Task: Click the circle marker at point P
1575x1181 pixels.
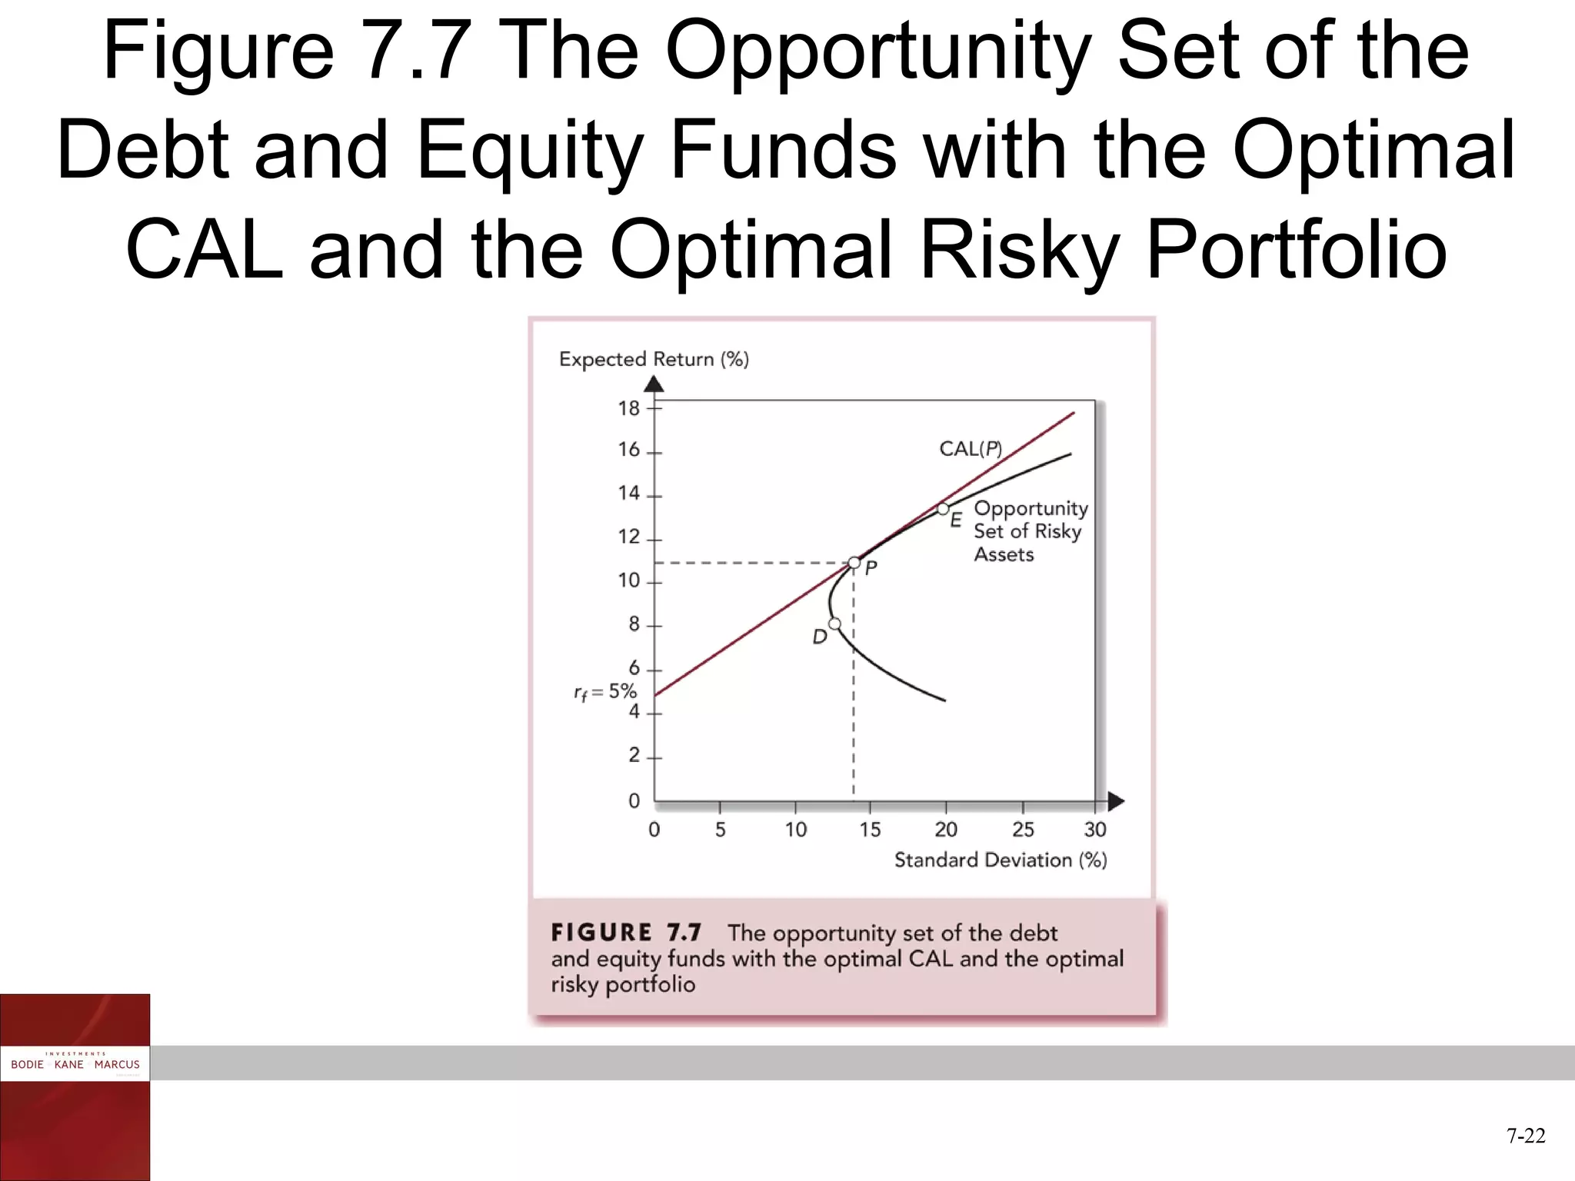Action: tap(854, 563)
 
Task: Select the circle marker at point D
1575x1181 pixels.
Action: tap(834, 624)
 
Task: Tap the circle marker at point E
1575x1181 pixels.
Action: tap(943, 509)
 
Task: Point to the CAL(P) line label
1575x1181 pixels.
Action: tap(971, 449)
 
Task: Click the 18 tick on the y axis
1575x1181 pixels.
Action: tap(629, 408)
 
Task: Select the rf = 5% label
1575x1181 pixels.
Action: tap(605, 692)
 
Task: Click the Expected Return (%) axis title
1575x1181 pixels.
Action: tap(654, 359)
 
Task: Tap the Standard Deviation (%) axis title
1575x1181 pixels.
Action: tap(1001, 860)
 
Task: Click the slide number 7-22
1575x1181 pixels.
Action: tap(1526, 1136)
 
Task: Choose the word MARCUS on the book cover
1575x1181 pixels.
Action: tap(117, 1065)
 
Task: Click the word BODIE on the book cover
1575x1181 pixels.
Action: tap(27, 1065)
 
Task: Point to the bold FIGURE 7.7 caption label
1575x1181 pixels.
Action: tap(626, 933)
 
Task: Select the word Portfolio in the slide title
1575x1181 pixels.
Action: tap(1297, 250)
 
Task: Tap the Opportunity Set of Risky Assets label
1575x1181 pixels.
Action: tap(1031, 531)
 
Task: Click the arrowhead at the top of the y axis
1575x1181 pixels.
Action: tap(654, 384)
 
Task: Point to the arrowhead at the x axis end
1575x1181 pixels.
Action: tap(1116, 802)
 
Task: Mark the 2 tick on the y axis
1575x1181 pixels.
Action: tap(634, 756)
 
